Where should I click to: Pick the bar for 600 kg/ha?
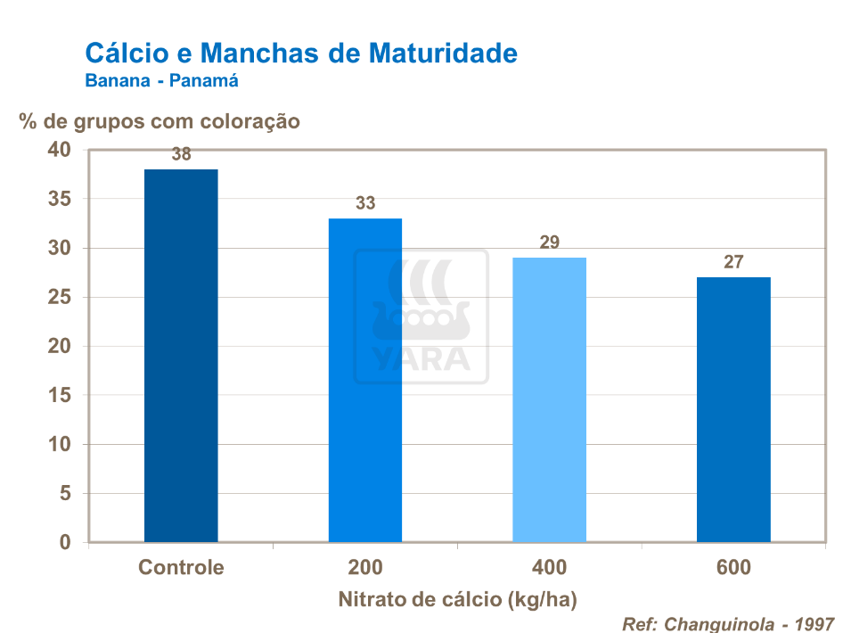[733, 409]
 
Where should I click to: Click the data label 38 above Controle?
[181, 154]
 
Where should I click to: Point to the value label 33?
[365, 203]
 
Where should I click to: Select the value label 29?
[549, 243]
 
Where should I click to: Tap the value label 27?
[733, 262]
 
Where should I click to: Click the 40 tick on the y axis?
[59, 150]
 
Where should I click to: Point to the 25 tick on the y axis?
[59, 297]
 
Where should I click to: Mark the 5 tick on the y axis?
[64, 493]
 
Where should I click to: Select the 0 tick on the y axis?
[64, 542]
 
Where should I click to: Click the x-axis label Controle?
[181, 568]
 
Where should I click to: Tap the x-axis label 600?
[733, 568]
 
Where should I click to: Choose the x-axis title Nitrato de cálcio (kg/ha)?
[457, 600]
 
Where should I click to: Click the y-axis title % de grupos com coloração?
[160, 121]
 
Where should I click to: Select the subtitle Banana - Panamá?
[161, 80]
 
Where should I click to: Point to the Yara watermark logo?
[421, 316]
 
